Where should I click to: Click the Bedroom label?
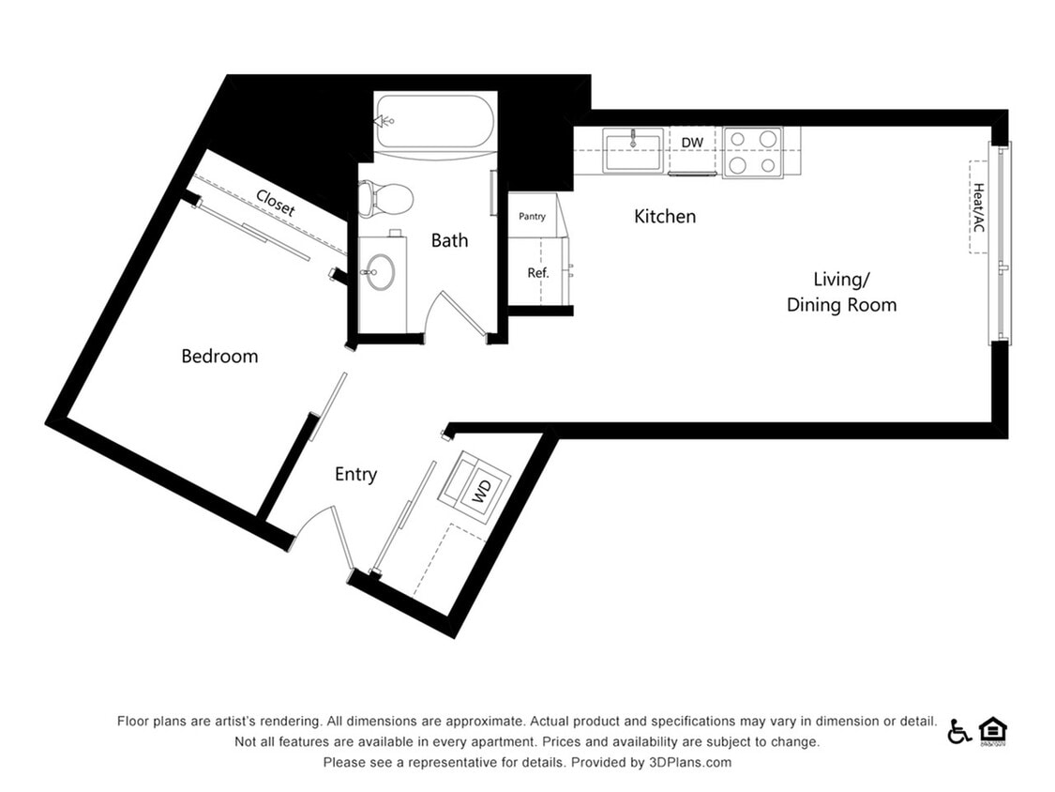pyautogui.click(x=219, y=357)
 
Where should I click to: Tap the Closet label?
pyautogui.click(x=275, y=203)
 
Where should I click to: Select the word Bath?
pyautogui.click(x=449, y=240)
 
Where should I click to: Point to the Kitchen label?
pyautogui.click(x=665, y=217)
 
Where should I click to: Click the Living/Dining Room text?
pyautogui.click(x=841, y=292)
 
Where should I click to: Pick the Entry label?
pyautogui.click(x=355, y=475)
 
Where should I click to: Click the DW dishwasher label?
pyautogui.click(x=692, y=143)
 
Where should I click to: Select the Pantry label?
pyautogui.click(x=532, y=217)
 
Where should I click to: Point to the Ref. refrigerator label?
pyautogui.click(x=537, y=273)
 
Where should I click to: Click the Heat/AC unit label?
pyautogui.click(x=979, y=206)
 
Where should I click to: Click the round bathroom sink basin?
pyautogui.click(x=380, y=273)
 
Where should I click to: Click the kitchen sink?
pyautogui.click(x=634, y=151)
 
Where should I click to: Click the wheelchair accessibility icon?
pyautogui.click(x=958, y=731)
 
